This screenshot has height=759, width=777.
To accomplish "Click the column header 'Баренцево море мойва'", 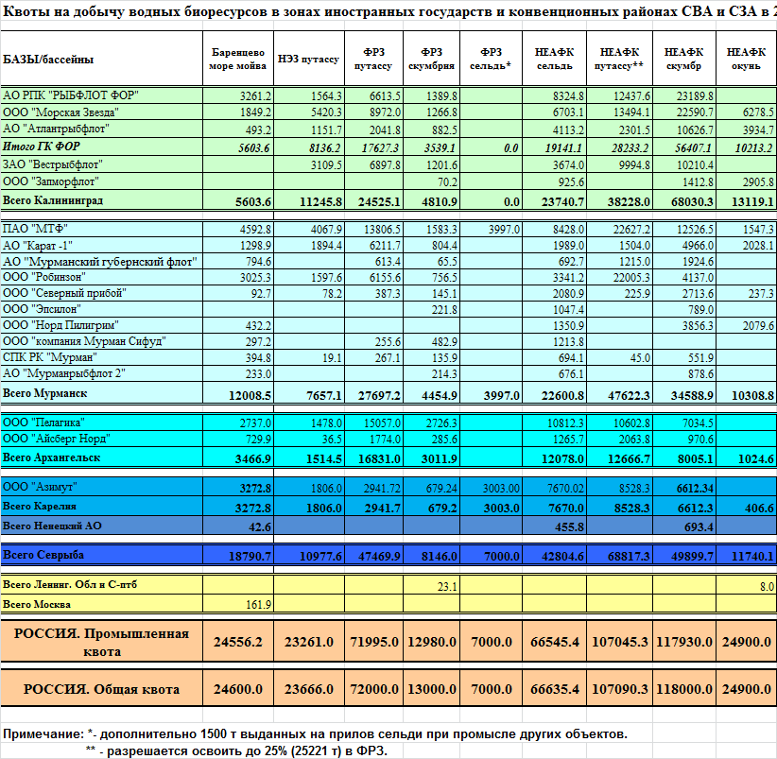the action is [238, 59].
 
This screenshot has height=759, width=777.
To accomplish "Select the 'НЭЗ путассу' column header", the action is [308, 59].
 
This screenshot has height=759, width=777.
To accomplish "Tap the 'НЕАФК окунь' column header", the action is [746, 59].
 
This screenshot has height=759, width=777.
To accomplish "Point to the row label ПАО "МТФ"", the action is [35, 229].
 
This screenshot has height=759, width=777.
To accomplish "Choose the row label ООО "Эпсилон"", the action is [42, 309].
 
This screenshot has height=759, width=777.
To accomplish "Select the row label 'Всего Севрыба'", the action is [43, 555].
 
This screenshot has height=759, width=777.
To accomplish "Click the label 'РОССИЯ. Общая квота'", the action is [101, 689].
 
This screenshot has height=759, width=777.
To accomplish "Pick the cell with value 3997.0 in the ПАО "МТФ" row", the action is [504, 230].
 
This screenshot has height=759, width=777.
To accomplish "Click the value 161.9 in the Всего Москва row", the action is [258, 604].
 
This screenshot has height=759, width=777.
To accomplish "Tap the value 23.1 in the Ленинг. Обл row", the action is [447, 587].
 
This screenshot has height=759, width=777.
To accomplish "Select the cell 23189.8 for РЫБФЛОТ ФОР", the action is [695, 96].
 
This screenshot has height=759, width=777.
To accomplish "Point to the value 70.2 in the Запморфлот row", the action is [447, 182].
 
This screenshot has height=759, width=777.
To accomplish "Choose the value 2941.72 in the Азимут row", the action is [382, 489].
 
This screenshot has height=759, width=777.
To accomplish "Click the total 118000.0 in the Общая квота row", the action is [684, 689].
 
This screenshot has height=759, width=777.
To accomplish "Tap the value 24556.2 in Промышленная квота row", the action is [238, 642].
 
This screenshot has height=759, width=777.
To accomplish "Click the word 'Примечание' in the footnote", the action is [43, 733].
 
